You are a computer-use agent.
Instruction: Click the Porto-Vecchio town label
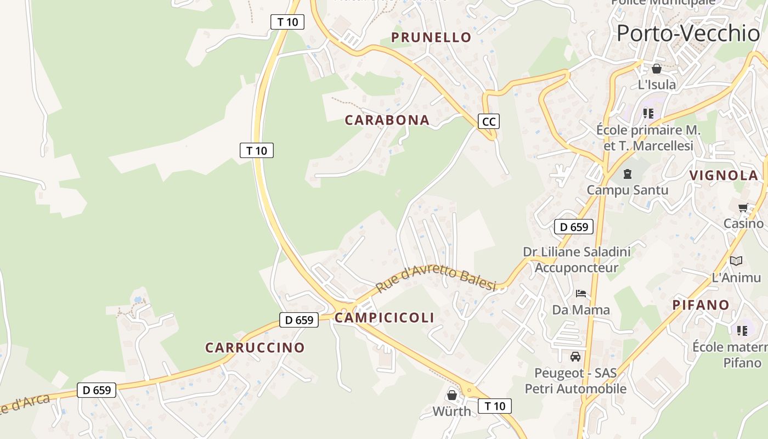[688, 33]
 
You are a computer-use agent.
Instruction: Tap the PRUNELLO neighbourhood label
[431, 37]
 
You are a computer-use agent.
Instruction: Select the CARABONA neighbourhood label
[387, 120]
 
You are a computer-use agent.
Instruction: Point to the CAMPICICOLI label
[384, 318]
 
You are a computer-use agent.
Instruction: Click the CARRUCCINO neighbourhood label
[255, 347]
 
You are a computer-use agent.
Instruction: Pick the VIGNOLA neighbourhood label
[724, 176]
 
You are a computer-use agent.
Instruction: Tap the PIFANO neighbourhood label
[701, 305]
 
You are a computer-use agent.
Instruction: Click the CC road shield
[488, 121]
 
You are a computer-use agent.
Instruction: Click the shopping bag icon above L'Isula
[656, 69]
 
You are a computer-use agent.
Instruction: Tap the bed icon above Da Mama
[581, 294]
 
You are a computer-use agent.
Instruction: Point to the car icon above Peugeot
[575, 357]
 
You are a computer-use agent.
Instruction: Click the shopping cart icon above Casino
[743, 207]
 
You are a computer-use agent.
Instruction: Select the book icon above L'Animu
[736, 261]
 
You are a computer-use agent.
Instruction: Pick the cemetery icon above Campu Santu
[627, 175]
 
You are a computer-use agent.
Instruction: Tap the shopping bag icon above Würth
[451, 395]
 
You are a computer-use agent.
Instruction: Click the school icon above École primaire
[648, 114]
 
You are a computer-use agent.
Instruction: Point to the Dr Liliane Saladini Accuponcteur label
[576, 260]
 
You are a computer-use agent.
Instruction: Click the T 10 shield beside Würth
[494, 406]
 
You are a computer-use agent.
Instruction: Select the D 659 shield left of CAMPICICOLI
[298, 320]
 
